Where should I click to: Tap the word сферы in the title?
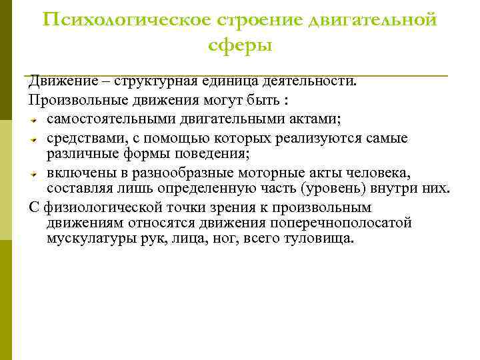[x=240, y=45]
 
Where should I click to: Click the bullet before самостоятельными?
[x=33, y=120]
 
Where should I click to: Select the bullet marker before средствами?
[x=33, y=139]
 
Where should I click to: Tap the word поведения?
[x=214, y=153]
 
